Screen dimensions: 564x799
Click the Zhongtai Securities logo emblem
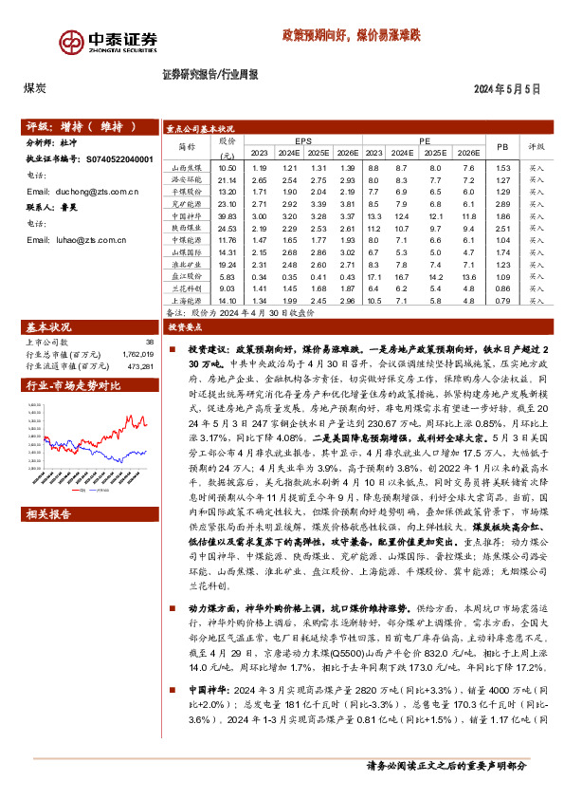[71, 42]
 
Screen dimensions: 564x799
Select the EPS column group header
[302, 140]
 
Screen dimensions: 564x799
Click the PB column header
[501, 146]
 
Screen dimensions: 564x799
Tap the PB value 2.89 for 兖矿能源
[502, 204]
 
